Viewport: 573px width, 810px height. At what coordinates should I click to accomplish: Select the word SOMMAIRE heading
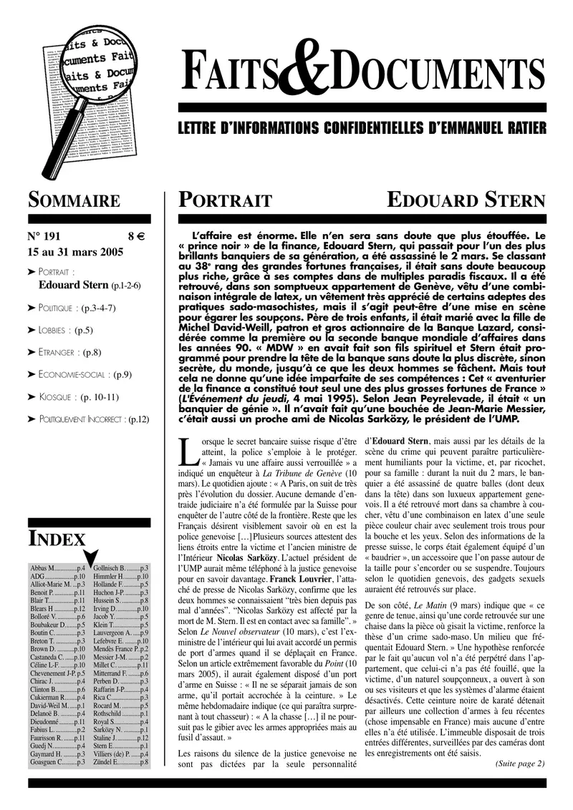point(74,200)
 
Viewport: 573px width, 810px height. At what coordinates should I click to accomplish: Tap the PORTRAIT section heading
point(225,200)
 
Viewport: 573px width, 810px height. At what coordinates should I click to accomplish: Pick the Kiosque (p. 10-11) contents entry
point(78,396)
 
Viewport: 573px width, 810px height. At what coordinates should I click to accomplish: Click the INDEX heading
point(57,538)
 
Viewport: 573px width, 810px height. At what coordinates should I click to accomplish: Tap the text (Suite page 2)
point(520,763)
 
